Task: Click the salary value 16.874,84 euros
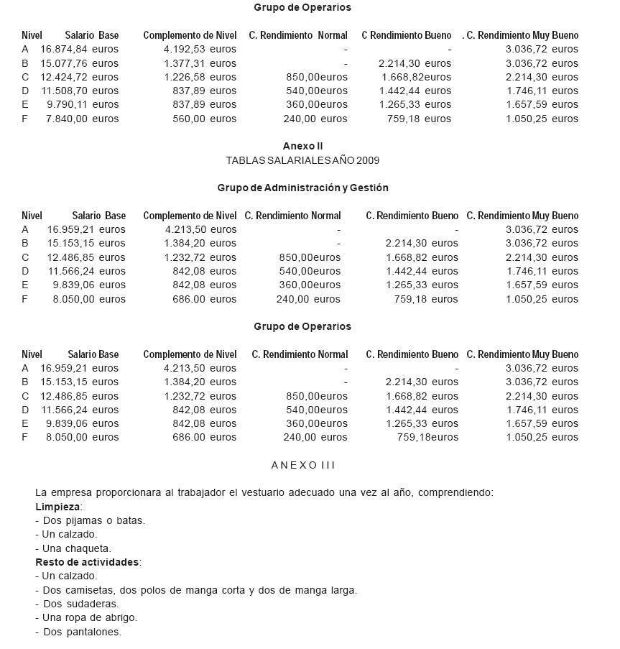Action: click(x=79, y=49)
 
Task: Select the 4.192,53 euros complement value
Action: click(x=200, y=49)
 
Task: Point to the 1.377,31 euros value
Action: click(x=200, y=63)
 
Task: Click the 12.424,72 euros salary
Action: click(x=79, y=77)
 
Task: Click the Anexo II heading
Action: click(x=302, y=147)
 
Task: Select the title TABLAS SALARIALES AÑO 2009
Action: click(x=302, y=160)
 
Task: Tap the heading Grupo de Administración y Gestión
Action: click(x=302, y=188)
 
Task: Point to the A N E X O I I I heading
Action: click(x=303, y=465)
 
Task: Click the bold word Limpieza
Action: click(x=57, y=507)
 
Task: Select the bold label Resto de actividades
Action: click(x=87, y=562)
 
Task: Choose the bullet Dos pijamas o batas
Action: click(x=90, y=520)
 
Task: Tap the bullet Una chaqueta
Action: click(x=73, y=548)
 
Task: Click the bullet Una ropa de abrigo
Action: click(x=85, y=617)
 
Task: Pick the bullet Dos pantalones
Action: click(x=78, y=632)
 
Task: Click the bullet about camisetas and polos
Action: click(x=196, y=590)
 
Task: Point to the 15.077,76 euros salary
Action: click(x=79, y=63)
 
